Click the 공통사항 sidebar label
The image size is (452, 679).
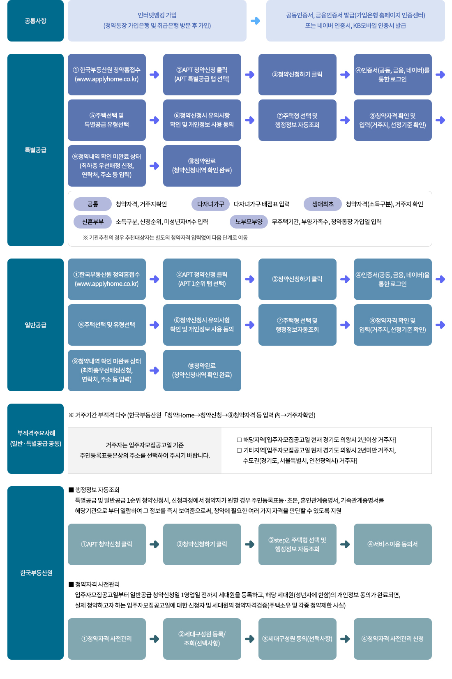[35, 21]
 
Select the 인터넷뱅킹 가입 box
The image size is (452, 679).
[157, 21]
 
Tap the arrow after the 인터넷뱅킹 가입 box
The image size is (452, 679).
[256, 21]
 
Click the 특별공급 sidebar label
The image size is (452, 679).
[35, 150]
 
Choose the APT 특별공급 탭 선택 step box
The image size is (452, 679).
[202, 74]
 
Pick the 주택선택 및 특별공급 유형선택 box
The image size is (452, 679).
[106, 120]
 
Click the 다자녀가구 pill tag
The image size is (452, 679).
[210, 204]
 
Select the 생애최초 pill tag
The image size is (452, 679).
[323, 204]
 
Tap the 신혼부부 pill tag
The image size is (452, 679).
[92, 222]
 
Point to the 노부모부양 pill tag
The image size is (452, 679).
[249, 222]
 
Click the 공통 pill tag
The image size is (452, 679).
[92, 204]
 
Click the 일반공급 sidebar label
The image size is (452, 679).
[35, 325]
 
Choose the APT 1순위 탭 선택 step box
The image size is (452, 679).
[202, 279]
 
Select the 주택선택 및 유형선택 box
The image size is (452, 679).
[106, 325]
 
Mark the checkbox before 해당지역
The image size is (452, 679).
[239, 440]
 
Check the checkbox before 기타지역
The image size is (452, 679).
[239, 450]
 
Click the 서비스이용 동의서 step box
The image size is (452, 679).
[392, 544]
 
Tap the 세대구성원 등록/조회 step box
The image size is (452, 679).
[202, 639]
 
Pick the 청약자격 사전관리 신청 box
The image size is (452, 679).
[392, 639]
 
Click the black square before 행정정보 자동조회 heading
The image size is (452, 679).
[71, 490]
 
